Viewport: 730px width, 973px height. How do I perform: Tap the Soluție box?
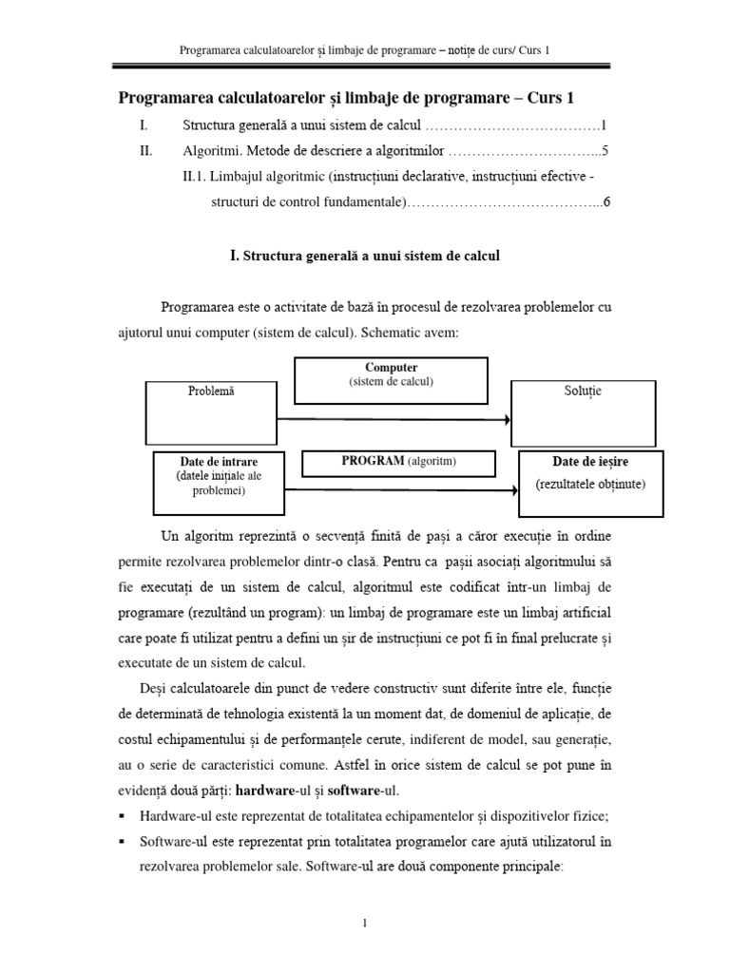tap(583, 412)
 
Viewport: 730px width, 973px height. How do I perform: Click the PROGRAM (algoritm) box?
tap(399, 462)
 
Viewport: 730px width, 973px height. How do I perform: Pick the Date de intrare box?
tap(220, 480)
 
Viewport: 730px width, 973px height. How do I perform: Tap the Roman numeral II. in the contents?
tap(145, 150)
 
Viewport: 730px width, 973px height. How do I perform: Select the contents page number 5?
tap(605, 150)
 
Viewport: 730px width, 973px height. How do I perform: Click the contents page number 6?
tap(605, 201)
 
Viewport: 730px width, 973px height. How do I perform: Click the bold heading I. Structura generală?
tap(364, 256)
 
